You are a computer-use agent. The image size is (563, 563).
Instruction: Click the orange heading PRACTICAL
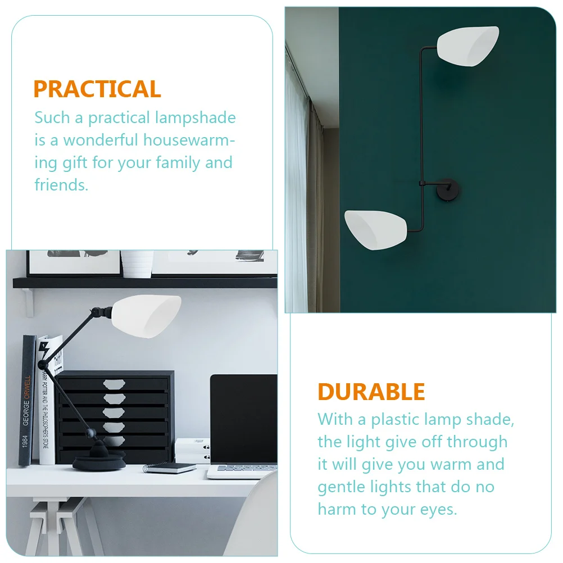(97, 89)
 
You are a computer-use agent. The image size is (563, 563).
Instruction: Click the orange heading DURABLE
(371, 392)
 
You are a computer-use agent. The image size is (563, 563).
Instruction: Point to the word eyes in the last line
(435, 509)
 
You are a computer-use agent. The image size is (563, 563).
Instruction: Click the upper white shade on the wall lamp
(467, 45)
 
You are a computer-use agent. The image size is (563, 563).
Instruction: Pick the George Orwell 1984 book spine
(26, 399)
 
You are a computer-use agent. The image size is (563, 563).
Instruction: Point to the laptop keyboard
(247, 468)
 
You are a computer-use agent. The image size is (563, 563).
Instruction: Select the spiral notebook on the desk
(170, 467)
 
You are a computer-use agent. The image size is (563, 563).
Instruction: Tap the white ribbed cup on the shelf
(137, 263)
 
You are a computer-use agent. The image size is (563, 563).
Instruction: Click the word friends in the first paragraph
(61, 185)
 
